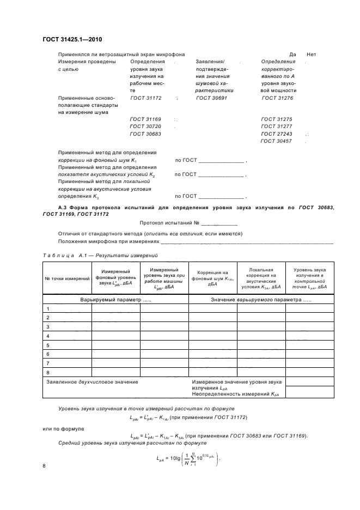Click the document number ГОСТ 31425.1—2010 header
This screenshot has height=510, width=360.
click(72, 40)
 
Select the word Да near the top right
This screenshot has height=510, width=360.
click(292, 54)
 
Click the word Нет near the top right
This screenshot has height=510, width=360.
click(312, 54)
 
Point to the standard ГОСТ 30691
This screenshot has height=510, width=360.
click(211, 98)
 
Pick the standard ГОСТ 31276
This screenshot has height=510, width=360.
click(277, 98)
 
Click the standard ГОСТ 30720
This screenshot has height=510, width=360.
click(145, 126)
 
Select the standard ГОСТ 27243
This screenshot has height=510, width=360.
click(277, 133)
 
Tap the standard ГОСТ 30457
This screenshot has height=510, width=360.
click(277, 141)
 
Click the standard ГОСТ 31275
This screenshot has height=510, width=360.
click(277, 119)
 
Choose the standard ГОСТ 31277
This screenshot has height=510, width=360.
click(277, 126)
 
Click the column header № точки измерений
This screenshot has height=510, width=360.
click(67, 278)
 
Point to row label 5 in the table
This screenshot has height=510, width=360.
click(48, 345)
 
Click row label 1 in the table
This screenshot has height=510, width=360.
click(48, 308)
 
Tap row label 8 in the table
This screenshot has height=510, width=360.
click(48, 372)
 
